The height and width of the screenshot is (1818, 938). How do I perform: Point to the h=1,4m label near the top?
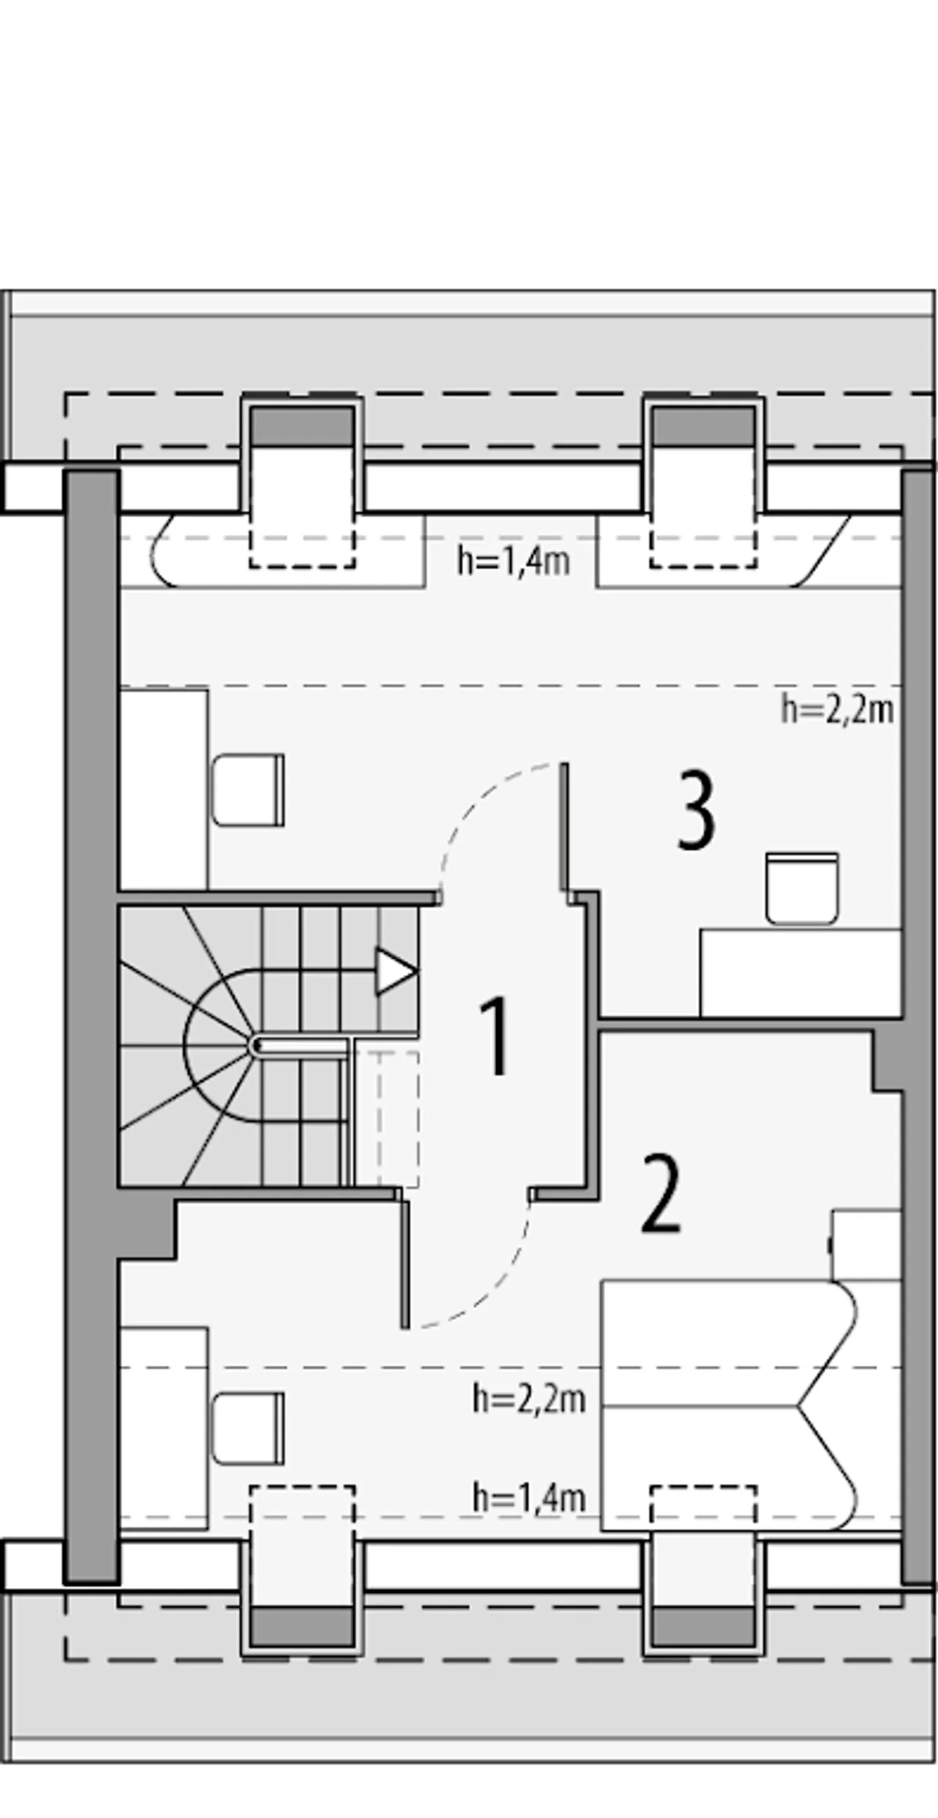[x=514, y=562]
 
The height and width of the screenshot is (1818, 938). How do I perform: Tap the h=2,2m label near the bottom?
[x=529, y=1399]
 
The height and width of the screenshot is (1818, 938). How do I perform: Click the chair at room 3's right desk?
[x=802, y=888]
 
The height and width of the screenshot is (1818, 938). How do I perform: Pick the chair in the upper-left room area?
[x=248, y=790]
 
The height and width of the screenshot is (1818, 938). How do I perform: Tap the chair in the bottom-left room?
[x=248, y=1429]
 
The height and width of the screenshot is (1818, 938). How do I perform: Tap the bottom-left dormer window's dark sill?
[x=302, y=1626]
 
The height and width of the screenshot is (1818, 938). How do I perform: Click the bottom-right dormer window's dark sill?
[x=703, y=1626]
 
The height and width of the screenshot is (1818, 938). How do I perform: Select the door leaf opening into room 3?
[x=565, y=826]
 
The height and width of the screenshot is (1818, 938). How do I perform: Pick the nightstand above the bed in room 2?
[x=866, y=1245]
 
